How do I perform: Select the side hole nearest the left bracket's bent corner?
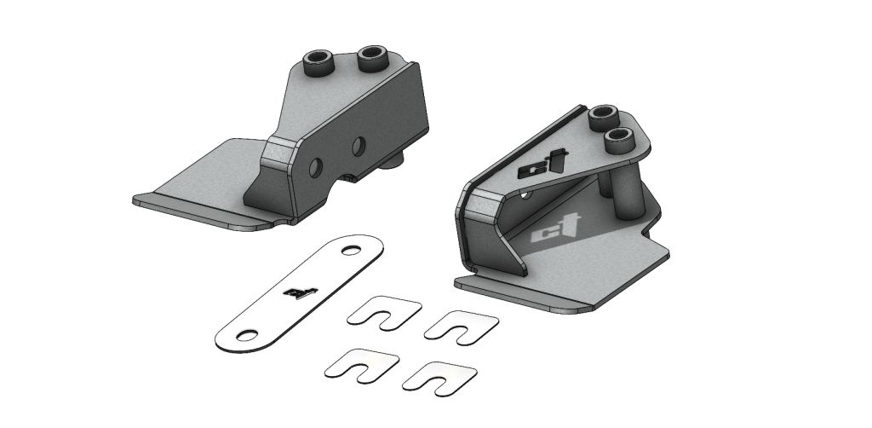316,164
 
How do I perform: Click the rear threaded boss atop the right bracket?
605,113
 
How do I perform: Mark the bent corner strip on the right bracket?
481,205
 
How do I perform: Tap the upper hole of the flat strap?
349,249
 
